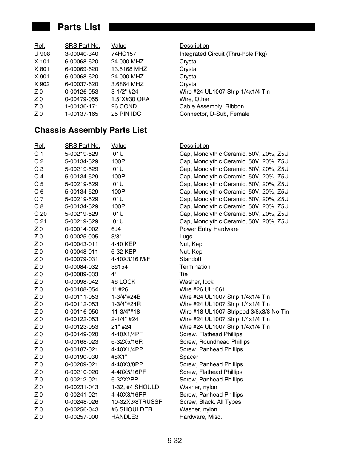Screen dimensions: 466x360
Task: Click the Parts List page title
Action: (79, 27)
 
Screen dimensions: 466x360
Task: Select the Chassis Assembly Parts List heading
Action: (91, 130)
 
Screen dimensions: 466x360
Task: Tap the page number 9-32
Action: (175, 441)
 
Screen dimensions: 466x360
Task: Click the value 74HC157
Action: (123, 54)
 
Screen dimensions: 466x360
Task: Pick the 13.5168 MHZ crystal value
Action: (129, 69)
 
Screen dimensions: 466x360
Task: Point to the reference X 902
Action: (42, 84)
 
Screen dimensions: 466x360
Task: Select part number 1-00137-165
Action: (82, 114)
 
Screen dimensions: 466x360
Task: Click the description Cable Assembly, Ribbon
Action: (211, 106)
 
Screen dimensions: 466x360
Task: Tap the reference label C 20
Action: (40, 214)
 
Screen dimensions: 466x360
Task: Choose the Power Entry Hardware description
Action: (209, 229)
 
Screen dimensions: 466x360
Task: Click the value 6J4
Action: (116, 229)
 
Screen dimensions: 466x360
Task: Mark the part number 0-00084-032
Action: (82, 267)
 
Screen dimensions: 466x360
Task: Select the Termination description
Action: (195, 267)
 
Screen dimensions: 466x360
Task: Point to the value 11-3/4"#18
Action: (125, 312)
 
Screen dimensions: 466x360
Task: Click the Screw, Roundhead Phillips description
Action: (214, 342)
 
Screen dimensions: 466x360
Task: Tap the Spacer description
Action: (189, 357)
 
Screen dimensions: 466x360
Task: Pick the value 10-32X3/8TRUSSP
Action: (137, 402)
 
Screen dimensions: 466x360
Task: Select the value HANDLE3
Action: (125, 417)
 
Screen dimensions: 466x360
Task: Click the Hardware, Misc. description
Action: (200, 417)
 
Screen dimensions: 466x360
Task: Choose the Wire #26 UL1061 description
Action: (202, 289)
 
